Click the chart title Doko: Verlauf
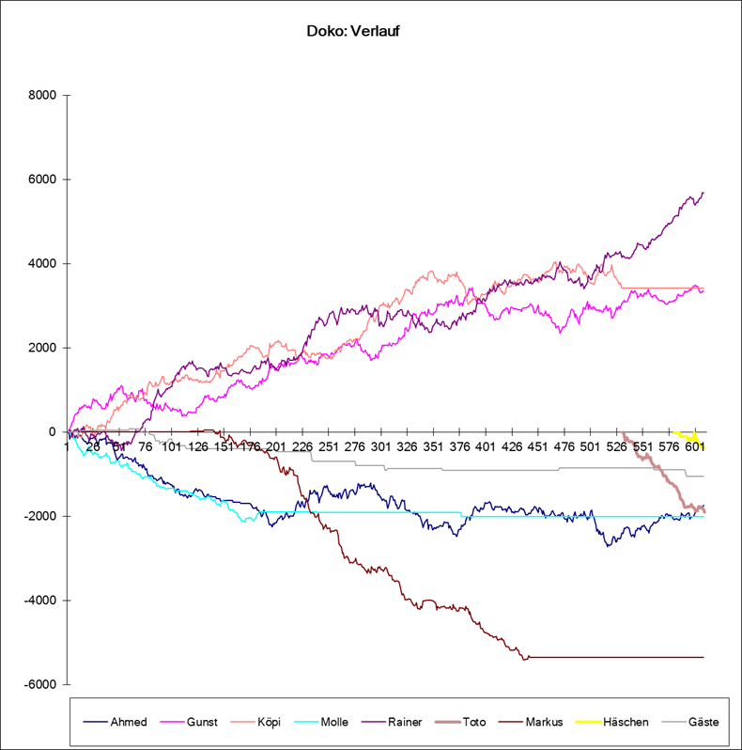pos(354,31)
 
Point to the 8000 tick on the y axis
pos(44,95)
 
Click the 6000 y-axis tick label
pos(44,180)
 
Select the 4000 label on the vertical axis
pos(44,264)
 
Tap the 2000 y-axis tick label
pos(44,348)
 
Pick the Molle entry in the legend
pos(334,722)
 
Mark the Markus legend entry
pos(544,722)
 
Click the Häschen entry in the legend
pos(625,722)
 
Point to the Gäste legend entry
pos(703,722)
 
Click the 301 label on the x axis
pos(381,447)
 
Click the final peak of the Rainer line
pos(703,193)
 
